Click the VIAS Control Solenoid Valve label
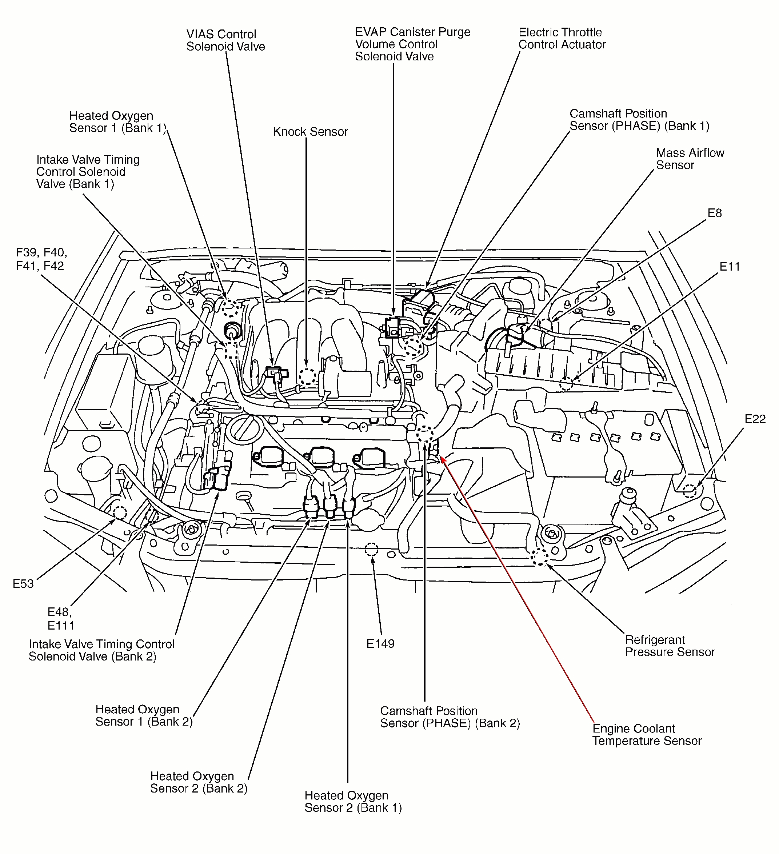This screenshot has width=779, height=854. pyautogui.click(x=225, y=40)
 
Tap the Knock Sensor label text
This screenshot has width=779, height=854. pyautogui.click(x=310, y=132)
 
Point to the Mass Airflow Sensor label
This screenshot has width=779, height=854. pyautogui.click(x=690, y=159)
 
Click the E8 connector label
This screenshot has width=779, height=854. pyautogui.click(x=714, y=213)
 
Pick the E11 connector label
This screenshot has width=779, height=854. pyautogui.click(x=730, y=267)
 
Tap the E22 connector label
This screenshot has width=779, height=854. pyautogui.click(x=755, y=419)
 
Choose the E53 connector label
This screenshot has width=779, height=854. pyautogui.click(x=23, y=584)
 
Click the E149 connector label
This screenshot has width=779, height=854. pyautogui.click(x=380, y=643)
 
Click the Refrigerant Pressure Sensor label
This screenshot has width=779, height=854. pyautogui.click(x=669, y=646)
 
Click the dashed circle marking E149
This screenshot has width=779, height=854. pyautogui.click(x=371, y=550)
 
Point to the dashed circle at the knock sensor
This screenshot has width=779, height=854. pyautogui.click(x=307, y=376)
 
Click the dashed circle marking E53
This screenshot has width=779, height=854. pyautogui.click(x=119, y=513)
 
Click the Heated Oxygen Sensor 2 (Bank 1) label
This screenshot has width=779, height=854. pyautogui.click(x=352, y=802)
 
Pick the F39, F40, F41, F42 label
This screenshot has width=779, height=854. pyautogui.click(x=41, y=259)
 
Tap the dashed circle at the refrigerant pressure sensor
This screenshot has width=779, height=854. pyautogui.click(x=539, y=557)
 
